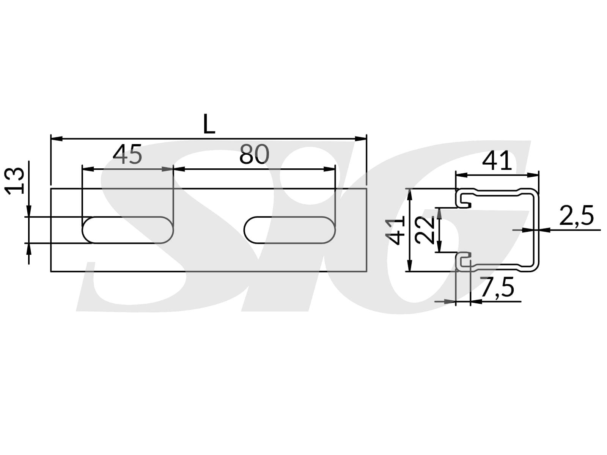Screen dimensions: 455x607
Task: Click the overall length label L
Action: (x=209, y=124)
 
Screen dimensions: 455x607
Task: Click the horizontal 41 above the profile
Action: (x=497, y=161)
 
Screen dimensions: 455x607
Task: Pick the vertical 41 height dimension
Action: (x=396, y=230)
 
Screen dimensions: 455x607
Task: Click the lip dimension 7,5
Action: (x=497, y=287)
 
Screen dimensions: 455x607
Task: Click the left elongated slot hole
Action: (x=127, y=230)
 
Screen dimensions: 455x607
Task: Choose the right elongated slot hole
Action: (x=290, y=230)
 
